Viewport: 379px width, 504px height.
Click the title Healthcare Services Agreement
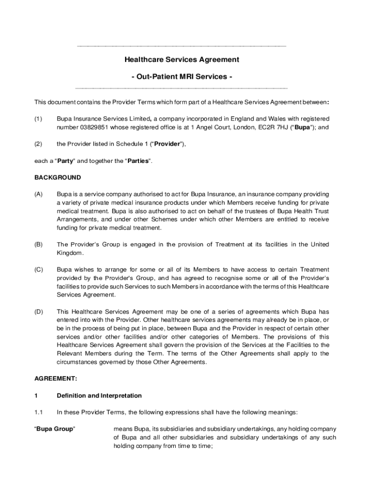point(182,60)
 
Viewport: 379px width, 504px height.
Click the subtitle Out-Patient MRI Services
point(182,77)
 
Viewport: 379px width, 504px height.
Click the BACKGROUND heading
point(58,177)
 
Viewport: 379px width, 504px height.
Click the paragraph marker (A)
point(38,194)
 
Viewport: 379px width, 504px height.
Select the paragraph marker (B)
point(38,245)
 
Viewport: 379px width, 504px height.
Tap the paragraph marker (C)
point(38,270)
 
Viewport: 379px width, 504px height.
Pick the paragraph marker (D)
point(38,312)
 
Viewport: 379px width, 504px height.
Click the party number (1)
point(38,119)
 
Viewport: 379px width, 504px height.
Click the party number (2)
point(38,144)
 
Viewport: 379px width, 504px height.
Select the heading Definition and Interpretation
point(99,396)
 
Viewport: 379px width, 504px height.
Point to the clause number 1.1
point(39,412)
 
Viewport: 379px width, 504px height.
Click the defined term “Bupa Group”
point(55,429)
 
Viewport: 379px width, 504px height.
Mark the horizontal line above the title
point(182,46)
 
